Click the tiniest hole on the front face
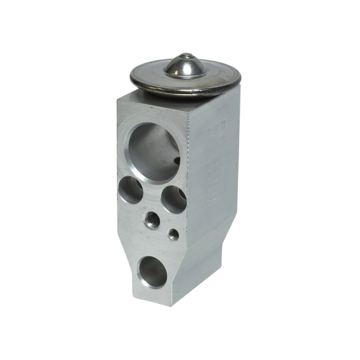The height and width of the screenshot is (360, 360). coord(174,234)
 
